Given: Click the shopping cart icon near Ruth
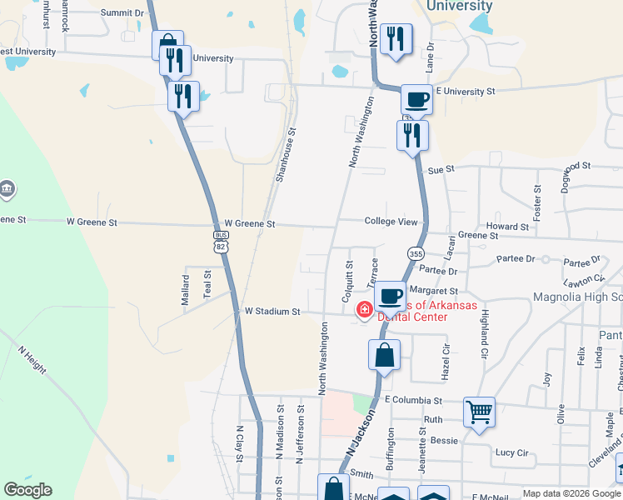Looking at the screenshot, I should (x=479, y=411).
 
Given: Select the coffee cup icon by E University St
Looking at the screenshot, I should (x=416, y=99).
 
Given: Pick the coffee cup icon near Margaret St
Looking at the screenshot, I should (x=390, y=295).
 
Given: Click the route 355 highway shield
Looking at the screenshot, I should (x=416, y=252).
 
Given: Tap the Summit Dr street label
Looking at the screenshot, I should (x=122, y=13).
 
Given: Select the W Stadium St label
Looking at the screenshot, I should (x=272, y=312).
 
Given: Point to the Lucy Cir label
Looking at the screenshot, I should (x=511, y=453).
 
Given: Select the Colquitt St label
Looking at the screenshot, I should (x=349, y=282).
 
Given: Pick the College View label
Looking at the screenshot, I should (x=391, y=221).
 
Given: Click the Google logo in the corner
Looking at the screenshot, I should (x=27, y=490).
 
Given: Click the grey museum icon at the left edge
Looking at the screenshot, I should (x=7, y=189).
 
